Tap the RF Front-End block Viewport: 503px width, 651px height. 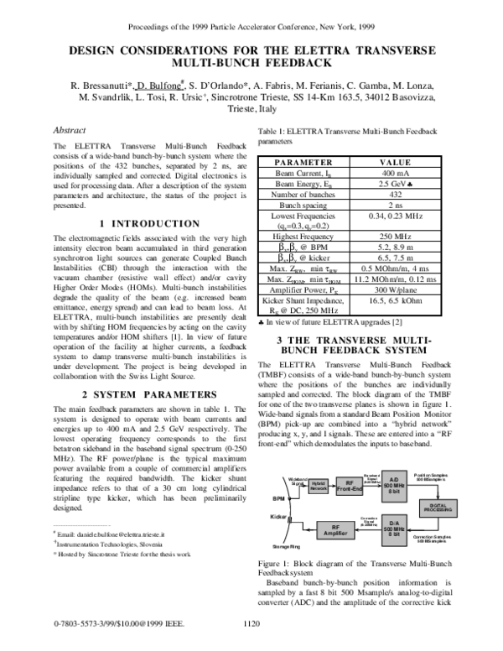(x=351, y=485)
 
